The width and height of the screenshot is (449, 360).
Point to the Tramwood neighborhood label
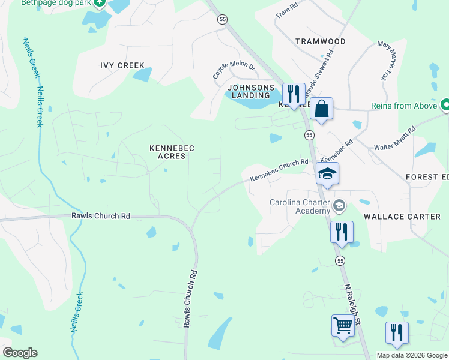click(321, 41)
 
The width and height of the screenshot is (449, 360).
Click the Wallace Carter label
click(402, 216)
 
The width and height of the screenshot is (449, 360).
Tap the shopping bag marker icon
click(321, 109)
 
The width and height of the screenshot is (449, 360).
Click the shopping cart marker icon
click(343, 326)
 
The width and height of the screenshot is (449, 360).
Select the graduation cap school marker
click(327, 173)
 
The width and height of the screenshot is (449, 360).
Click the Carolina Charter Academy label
click(300, 206)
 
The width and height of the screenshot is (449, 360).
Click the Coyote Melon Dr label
click(234, 70)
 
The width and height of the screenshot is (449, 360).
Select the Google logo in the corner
click(20, 353)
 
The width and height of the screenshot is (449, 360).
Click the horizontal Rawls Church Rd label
click(100, 215)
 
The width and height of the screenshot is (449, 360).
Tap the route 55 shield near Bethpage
click(223, 19)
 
